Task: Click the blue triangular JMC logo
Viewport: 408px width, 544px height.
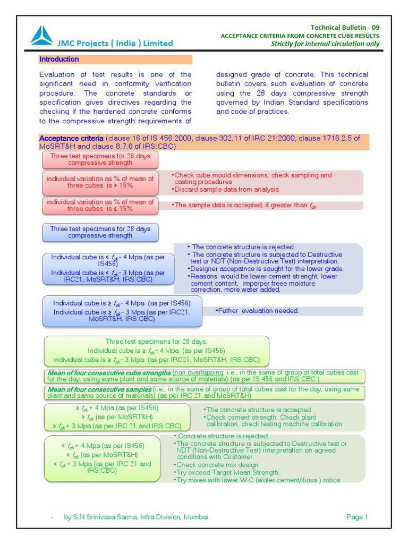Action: pos(42,36)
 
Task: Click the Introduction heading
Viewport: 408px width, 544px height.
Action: pos(59,59)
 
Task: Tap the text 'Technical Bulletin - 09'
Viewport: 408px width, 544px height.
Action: pos(345,28)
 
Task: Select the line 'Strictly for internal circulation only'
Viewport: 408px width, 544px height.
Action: pos(325,44)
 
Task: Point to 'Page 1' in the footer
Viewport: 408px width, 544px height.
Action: pos(357,517)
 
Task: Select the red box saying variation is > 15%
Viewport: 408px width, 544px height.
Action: pos(100,182)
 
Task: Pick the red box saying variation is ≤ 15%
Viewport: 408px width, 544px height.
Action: pos(100,206)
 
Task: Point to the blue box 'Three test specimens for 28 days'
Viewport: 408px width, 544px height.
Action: pos(100,232)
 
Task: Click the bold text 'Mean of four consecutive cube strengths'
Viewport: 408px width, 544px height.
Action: pos(109,373)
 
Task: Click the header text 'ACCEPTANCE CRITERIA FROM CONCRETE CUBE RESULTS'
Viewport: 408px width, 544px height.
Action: pos(300,36)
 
